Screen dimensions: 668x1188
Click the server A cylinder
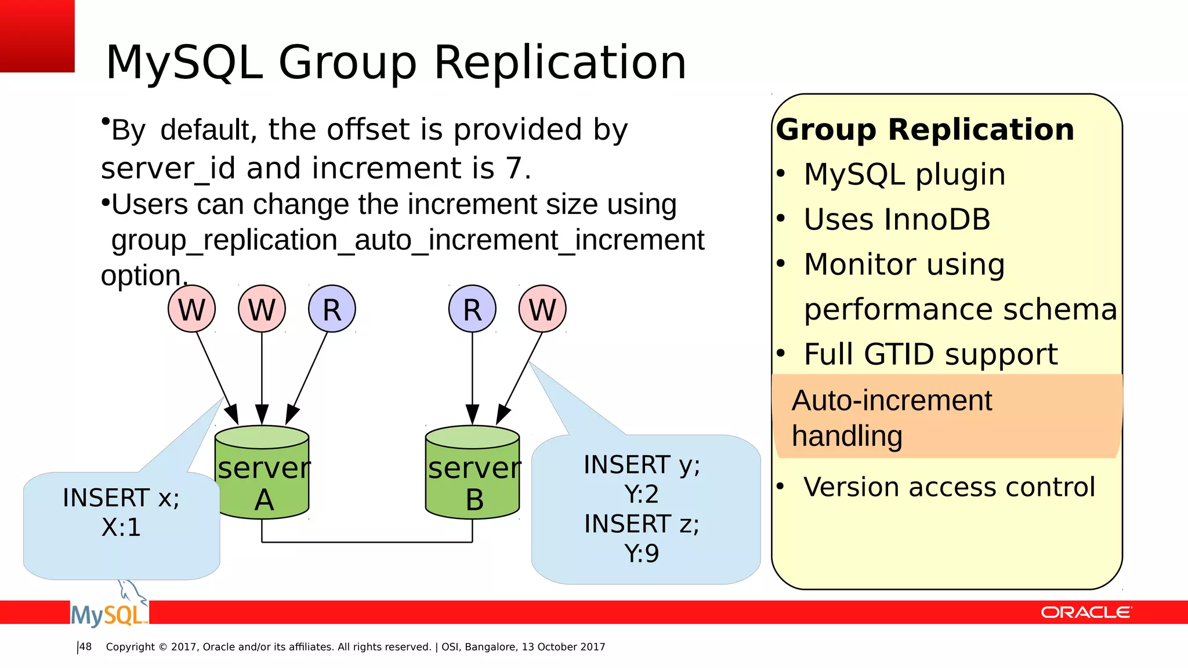click(x=262, y=473)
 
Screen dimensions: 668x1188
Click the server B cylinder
click(x=472, y=473)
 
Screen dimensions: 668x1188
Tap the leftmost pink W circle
click(x=191, y=309)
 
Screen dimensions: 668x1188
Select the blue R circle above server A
click(x=332, y=309)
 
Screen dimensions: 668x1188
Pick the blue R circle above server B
click(x=472, y=309)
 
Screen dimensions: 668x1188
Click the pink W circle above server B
click(x=542, y=309)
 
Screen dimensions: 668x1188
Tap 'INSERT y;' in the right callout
click(x=642, y=465)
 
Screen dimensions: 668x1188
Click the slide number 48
click(x=85, y=647)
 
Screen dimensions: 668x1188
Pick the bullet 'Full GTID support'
click(x=930, y=354)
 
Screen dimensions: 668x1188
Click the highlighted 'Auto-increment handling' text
click(x=892, y=418)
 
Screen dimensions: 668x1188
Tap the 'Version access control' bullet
click(x=949, y=487)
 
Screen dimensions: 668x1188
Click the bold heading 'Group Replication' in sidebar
click(x=925, y=129)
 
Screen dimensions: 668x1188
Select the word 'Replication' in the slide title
click(x=560, y=63)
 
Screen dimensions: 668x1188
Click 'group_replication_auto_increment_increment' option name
click(x=407, y=240)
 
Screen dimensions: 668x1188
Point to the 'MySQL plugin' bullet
click(x=904, y=175)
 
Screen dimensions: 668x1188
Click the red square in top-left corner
click(x=37, y=36)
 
